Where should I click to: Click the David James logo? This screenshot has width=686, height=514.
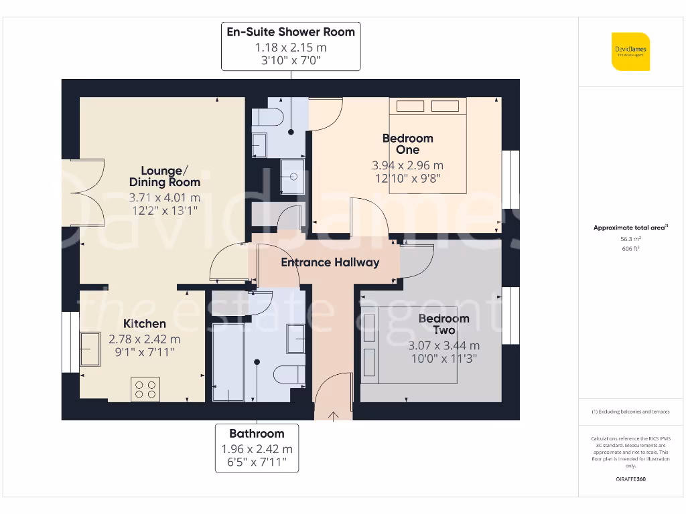630,52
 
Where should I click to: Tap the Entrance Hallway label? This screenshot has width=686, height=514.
330,262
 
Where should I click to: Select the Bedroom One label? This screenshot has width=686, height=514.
407,144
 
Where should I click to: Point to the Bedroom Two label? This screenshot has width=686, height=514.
443,324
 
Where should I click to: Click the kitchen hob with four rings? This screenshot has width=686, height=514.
146,390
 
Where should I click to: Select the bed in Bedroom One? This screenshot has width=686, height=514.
427,146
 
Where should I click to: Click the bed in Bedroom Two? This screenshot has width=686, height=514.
409,345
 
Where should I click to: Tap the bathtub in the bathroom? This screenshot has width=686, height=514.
228,361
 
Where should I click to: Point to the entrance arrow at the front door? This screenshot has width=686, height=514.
334,416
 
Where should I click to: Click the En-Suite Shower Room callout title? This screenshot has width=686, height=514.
291,31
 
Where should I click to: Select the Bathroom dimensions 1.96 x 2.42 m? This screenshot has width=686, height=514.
257,449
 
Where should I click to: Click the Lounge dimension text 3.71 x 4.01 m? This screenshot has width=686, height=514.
164,198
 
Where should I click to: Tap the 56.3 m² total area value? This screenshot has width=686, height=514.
630,238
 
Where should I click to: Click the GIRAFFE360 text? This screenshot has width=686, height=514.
630,479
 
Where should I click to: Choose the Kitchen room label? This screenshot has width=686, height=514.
144,324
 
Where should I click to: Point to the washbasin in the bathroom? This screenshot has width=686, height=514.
295,338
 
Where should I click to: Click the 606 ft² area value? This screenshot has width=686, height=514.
630,249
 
